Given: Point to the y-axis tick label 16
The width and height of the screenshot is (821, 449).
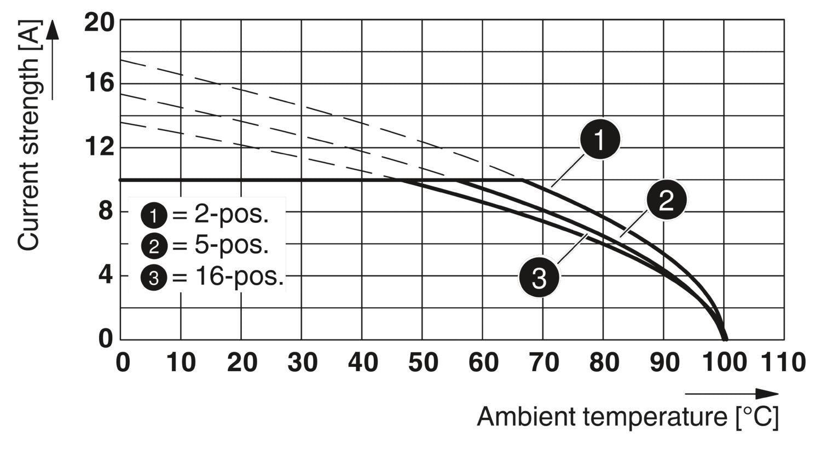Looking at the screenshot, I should coord(99,84).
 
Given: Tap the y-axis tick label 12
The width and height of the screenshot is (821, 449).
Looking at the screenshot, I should coord(99,147).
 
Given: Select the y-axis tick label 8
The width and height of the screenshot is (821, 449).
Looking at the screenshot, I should coord(106,211).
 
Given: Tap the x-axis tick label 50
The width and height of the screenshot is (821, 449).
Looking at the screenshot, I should coord(423,362).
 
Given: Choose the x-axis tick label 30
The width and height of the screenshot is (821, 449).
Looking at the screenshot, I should coord(302,362).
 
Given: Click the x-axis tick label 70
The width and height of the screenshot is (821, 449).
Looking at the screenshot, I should coord(544,362).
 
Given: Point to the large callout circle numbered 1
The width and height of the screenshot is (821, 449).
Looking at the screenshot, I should coord(600,140).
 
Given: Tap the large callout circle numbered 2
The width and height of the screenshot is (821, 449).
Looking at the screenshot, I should coord(666,200).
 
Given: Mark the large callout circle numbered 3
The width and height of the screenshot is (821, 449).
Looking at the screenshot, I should coord(539,278).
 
